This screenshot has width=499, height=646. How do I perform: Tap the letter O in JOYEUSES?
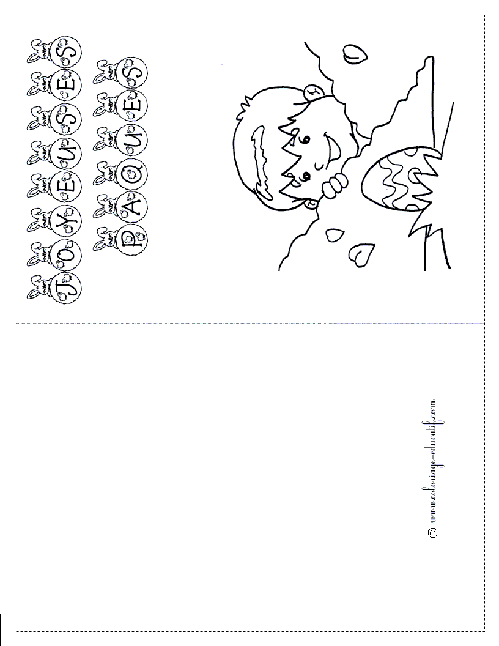point(64,252)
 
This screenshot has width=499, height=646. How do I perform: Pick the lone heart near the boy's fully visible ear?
point(355,53)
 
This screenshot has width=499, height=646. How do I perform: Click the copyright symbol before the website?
point(433,532)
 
